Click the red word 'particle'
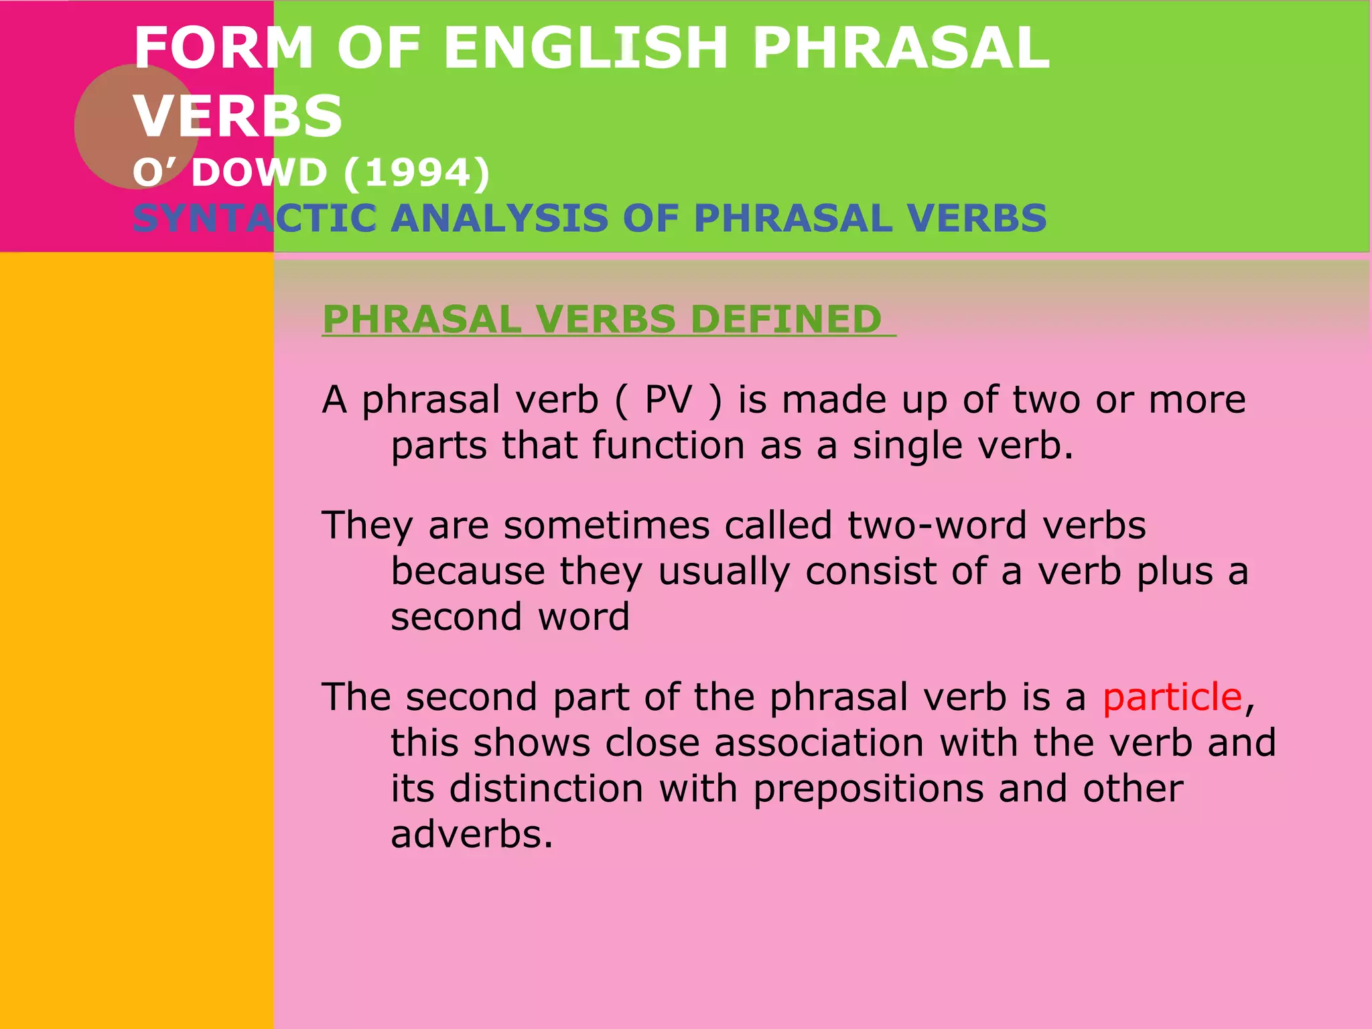(x=1172, y=698)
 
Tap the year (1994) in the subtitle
(x=417, y=173)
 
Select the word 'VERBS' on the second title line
(x=238, y=117)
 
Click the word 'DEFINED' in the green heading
(x=785, y=319)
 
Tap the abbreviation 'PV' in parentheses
(x=668, y=400)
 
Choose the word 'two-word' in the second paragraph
(x=937, y=525)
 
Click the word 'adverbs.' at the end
(x=472, y=835)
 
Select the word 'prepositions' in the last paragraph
(x=868, y=789)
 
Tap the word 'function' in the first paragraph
(x=668, y=446)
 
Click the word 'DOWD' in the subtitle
(x=259, y=173)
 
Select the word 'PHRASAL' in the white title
(x=900, y=48)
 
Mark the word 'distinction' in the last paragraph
(x=546, y=789)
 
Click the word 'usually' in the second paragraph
(x=724, y=572)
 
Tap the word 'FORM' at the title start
(x=224, y=48)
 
